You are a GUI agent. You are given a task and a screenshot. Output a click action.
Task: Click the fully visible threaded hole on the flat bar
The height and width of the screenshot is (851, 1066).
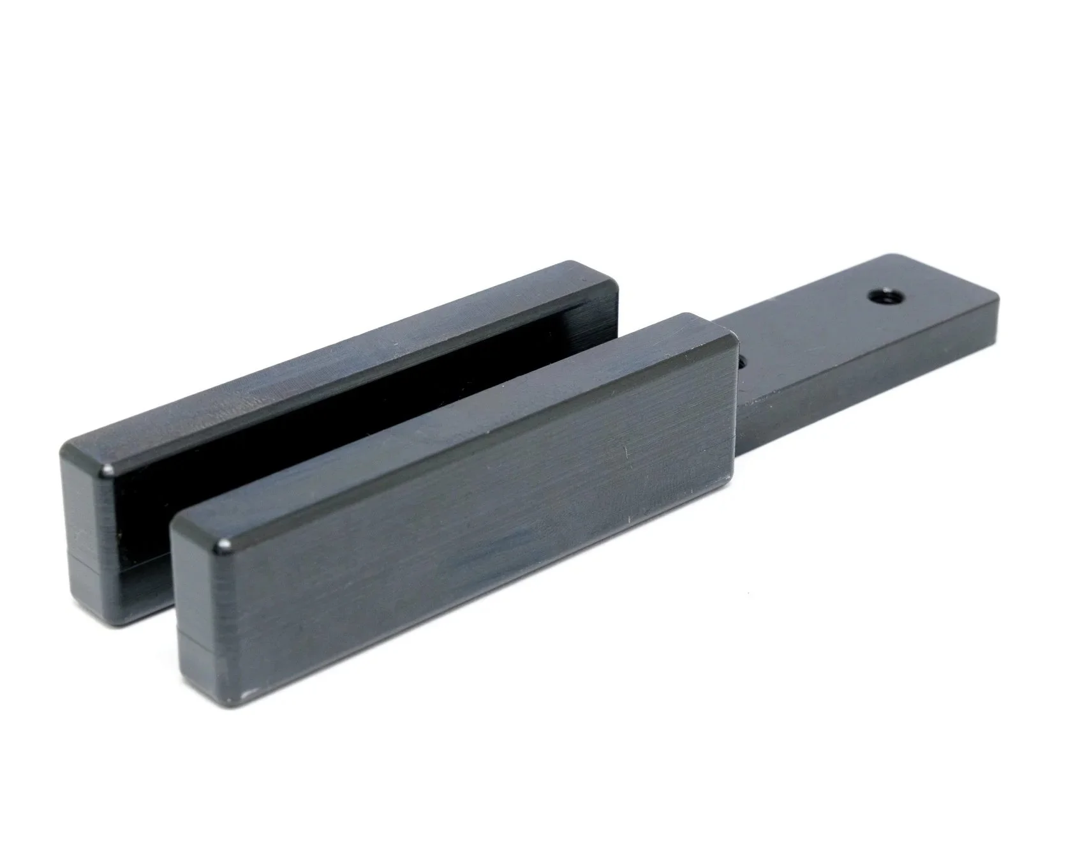(881, 297)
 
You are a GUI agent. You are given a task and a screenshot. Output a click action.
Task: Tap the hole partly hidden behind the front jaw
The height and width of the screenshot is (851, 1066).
(742, 361)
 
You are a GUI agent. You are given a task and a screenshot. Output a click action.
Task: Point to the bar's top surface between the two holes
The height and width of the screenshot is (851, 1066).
(810, 332)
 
